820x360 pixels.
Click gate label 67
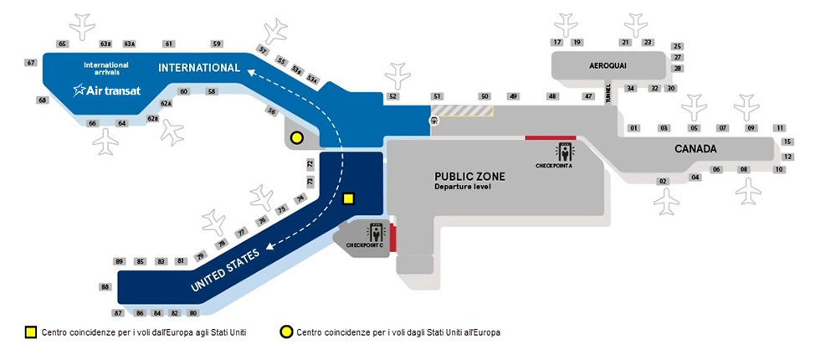click(x=31, y=63)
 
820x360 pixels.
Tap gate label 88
click(x=105, y=287)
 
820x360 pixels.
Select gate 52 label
click(x=393, y=97)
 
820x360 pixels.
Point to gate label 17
click(x=557, y=42)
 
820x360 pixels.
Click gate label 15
click(x=787, y=141)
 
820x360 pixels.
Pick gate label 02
click(x=663, y=181)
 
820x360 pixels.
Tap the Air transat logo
click(x=106, y=90)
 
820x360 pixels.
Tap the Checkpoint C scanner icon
click(x=374, y=231)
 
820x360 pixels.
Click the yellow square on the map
click(x=349, y=198)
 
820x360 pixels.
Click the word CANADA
click(x=696, y=149)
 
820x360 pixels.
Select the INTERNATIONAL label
click(x=199, y=68)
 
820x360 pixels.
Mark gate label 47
click(x=589, y=97)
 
